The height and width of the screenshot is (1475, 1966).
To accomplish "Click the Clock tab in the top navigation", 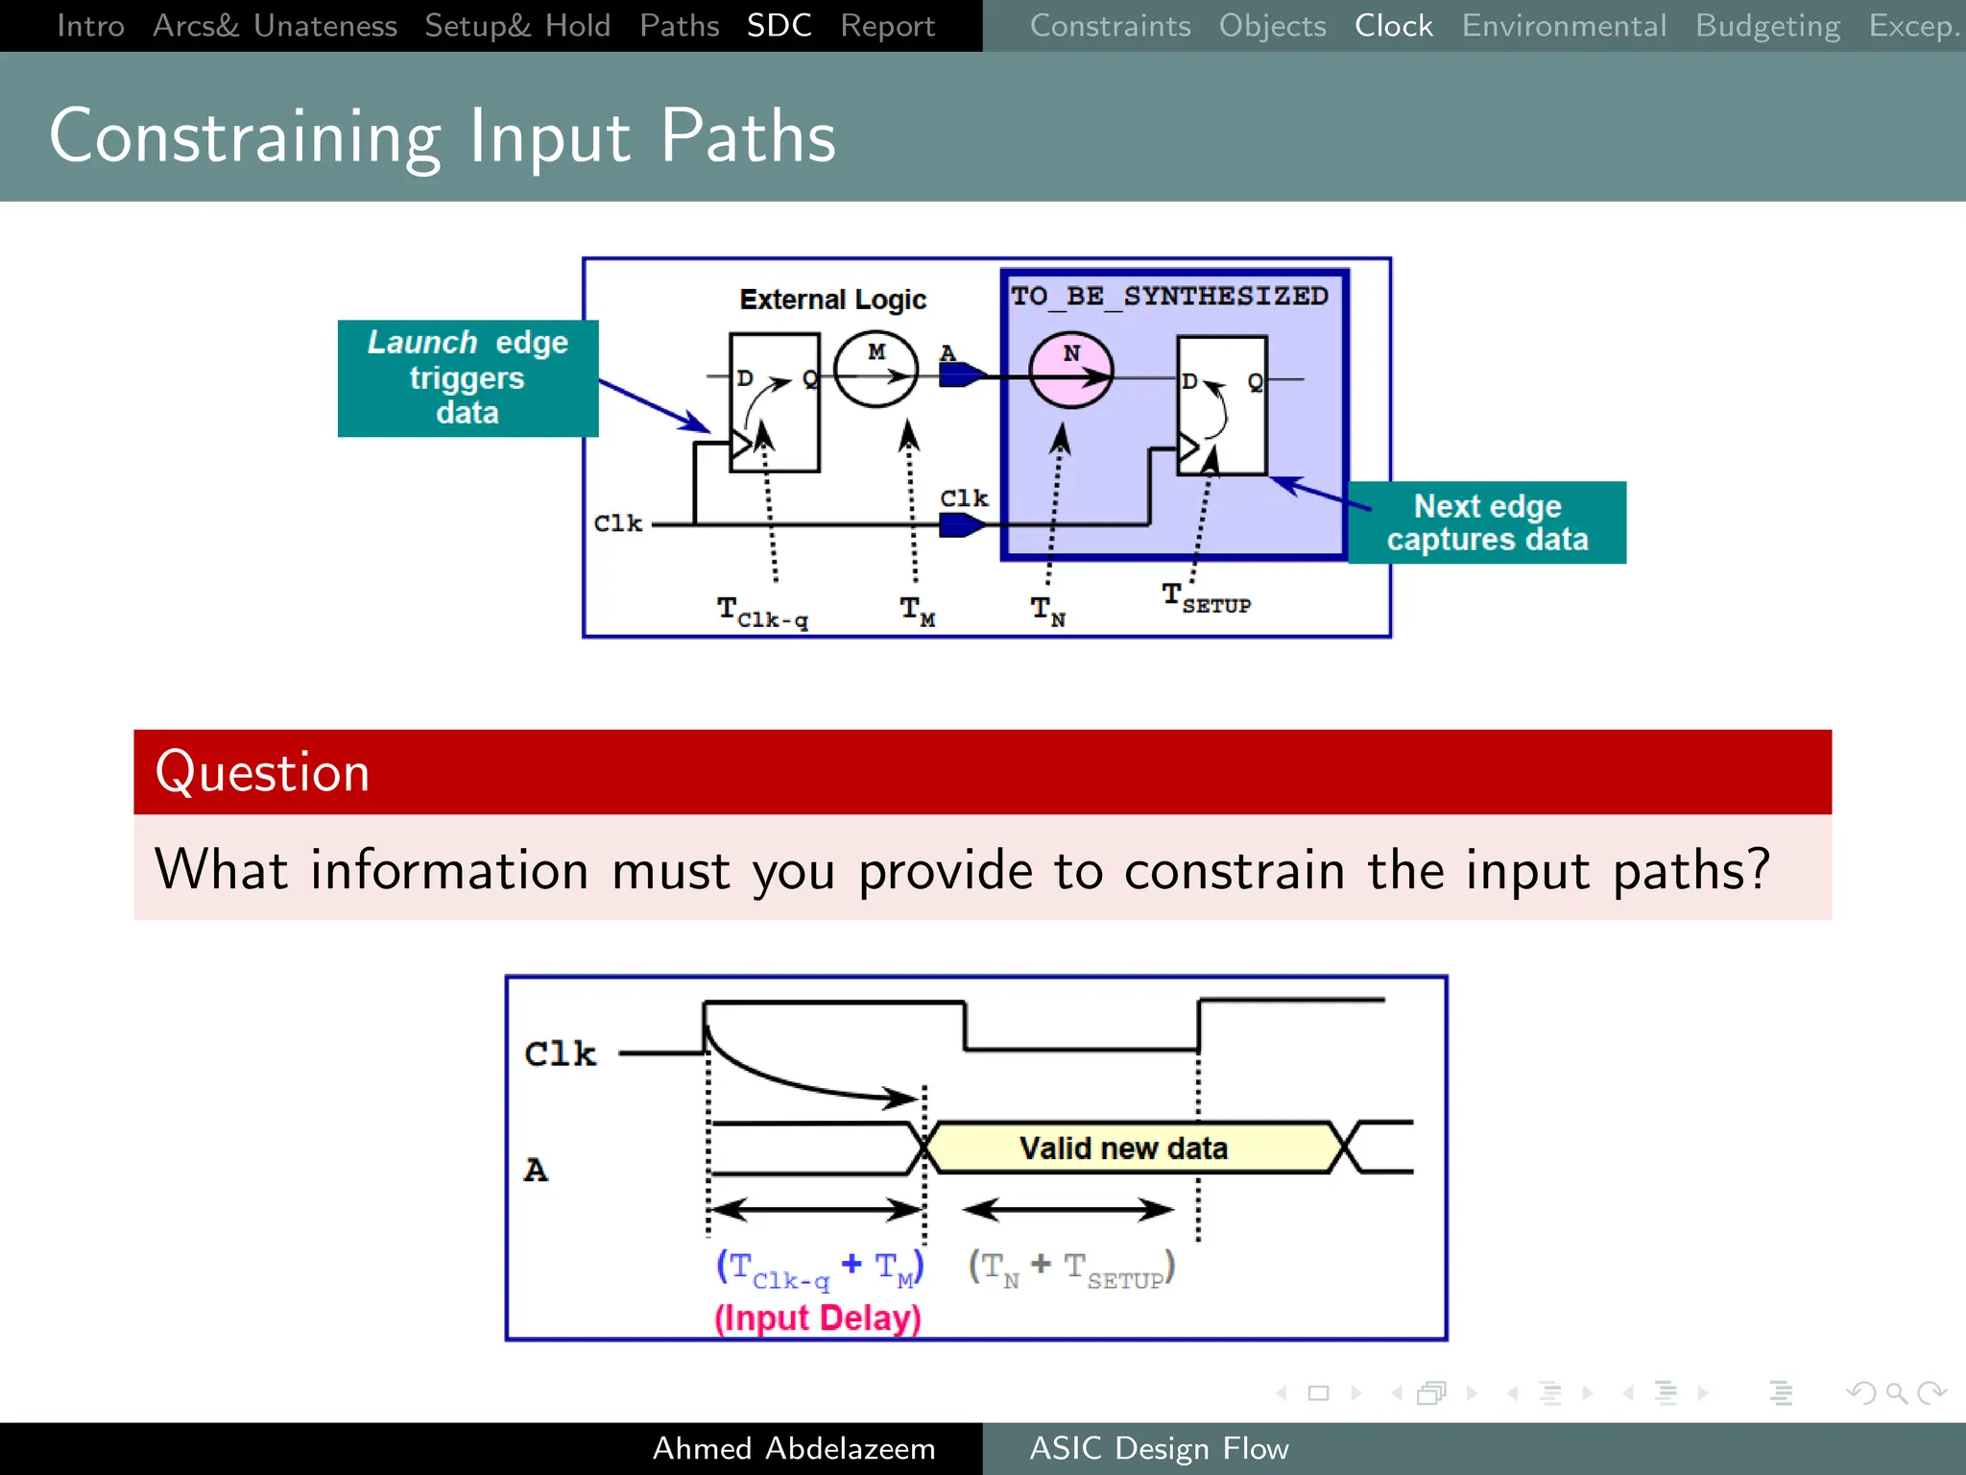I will pos(1393,26).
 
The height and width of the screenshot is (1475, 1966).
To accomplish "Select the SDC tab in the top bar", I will pos(779,26).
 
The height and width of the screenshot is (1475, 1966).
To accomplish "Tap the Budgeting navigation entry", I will pos(1767,26).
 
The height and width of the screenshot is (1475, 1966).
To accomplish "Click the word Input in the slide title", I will pos(550,137).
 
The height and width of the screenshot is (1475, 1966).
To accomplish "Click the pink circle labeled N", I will pos(1070,371).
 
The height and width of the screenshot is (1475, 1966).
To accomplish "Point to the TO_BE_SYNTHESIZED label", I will pos(1169,296).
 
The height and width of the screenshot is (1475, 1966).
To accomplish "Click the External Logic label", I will pos(832,300).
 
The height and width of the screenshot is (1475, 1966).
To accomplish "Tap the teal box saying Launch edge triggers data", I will pos(468,378).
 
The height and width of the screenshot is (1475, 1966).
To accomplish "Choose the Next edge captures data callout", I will pos(1486,522).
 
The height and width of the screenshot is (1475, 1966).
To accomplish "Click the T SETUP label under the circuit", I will pos(1206,598).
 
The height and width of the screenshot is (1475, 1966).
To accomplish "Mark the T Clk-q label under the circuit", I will pos(763,612).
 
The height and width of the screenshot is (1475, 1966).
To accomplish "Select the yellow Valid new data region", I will pos(1123,1148).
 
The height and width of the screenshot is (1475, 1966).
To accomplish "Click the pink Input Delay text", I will pos(817,1318).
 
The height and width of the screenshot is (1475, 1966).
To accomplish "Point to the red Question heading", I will pos(263,772).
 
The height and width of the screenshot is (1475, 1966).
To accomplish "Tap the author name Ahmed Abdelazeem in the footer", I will pos(794,1448).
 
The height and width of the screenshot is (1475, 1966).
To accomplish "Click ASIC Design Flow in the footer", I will pos(1159,1448).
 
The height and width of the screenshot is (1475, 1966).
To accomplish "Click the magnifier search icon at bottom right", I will pos(1896,1392).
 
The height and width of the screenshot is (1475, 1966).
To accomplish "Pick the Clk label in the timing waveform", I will pos(560,1053).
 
